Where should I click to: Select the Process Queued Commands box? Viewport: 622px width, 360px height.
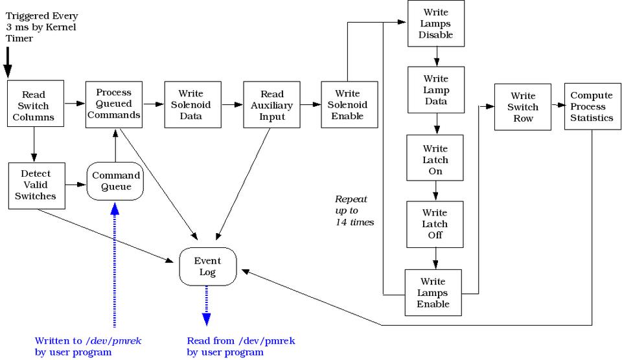[114, 104]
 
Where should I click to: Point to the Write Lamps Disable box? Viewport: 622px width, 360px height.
[435, 23]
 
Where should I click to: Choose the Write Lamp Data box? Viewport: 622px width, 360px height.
[435, 90]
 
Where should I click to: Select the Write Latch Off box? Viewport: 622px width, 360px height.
[435, 224]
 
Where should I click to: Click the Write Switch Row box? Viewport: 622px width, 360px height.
[522, 106]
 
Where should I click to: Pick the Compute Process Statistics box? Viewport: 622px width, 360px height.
[592, 106]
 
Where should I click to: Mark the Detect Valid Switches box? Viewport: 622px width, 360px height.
[35, 185]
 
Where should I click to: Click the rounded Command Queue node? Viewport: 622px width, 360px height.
[115, 181]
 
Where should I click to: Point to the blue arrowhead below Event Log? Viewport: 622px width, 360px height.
[206, 318]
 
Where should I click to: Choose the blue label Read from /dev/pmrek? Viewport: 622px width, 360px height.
[240, 346]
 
